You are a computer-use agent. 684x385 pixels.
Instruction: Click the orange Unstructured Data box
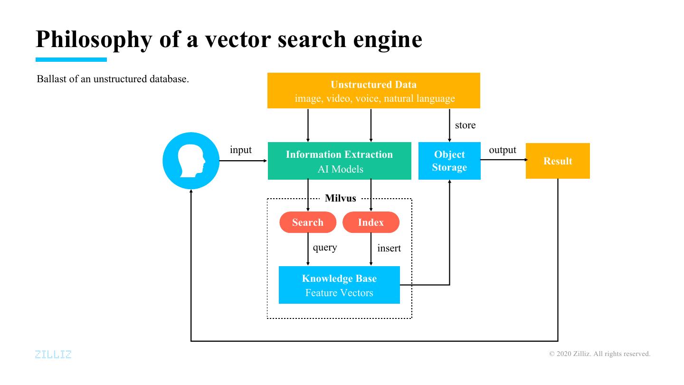373,91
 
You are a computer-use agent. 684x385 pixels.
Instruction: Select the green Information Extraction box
339,161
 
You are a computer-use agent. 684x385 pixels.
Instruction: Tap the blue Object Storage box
449,161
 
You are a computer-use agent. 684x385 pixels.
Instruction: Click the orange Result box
558,161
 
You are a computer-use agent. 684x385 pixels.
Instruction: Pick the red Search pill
308,222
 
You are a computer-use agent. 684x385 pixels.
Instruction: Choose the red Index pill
370,222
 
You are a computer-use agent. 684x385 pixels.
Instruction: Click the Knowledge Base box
339,285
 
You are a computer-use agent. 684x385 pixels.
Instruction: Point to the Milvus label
340,198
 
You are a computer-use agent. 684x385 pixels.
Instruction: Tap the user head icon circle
191,161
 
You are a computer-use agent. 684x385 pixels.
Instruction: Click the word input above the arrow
241,150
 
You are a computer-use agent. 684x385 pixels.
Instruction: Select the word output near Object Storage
503,150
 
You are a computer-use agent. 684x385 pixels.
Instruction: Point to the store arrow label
465,125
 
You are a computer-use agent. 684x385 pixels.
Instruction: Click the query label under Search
325,248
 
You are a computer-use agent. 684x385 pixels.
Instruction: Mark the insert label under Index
389,248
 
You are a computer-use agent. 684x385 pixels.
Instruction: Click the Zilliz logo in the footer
53,354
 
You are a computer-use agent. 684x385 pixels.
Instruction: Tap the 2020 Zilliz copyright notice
600,354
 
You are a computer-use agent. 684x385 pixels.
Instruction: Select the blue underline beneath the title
71,60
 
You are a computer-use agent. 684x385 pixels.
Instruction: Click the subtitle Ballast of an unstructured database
113,79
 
